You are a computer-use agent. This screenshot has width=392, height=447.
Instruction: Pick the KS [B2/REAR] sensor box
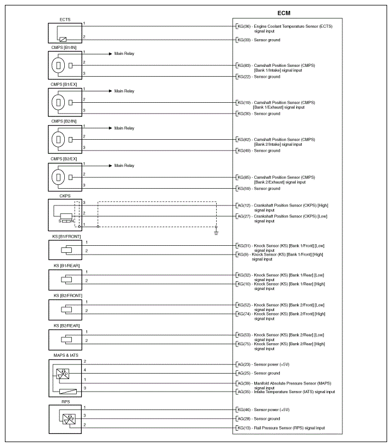[65, 339]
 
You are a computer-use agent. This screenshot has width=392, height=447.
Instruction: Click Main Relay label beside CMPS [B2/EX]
[124, 165]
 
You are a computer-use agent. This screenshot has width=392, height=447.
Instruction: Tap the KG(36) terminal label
[244, 27]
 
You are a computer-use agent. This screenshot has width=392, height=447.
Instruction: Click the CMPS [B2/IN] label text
[64, 121]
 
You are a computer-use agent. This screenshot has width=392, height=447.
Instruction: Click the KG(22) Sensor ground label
[258, 77]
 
